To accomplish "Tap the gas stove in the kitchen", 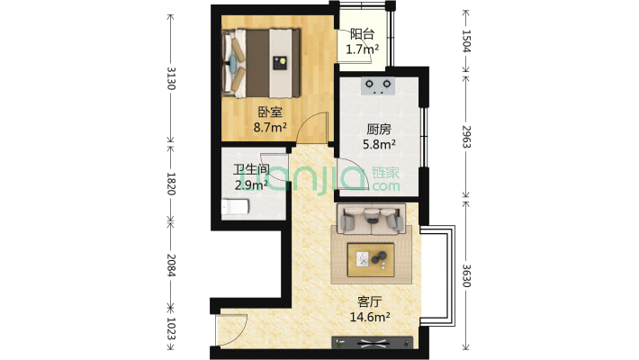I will click(378, 86).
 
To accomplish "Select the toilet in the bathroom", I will click(235, 208).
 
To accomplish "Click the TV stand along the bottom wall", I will click(373, 342).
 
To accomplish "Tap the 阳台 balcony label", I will click(363, 35).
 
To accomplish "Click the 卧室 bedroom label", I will click(269, 112).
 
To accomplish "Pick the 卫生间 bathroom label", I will click(251, 170).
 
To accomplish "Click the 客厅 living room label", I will click(369, 301).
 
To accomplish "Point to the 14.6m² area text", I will click(369, 317).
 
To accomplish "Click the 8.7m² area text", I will click(269, 128).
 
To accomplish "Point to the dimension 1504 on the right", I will click(466, 42).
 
